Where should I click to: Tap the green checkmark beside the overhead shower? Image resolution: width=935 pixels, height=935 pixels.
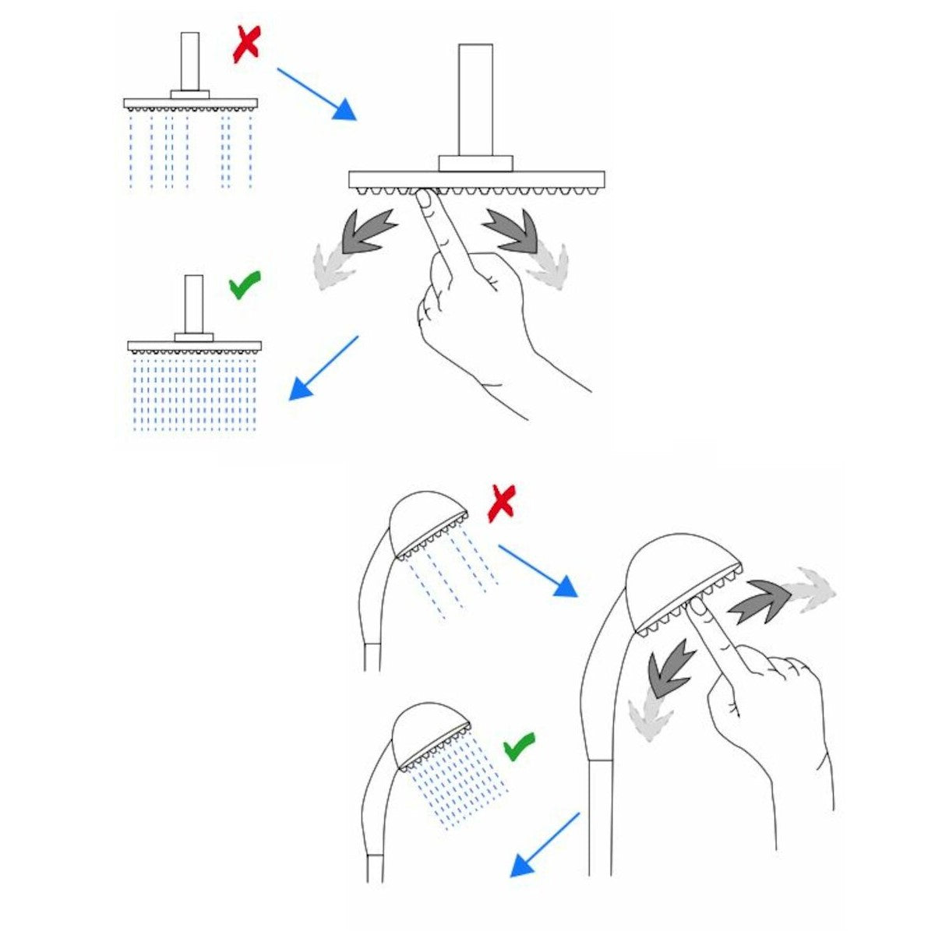pos(244,287)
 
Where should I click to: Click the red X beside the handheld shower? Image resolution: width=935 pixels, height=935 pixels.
pos(501,502)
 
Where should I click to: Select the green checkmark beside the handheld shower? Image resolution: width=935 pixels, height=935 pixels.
pos(518,746)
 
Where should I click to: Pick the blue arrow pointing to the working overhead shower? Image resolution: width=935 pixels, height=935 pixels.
pos(323,368)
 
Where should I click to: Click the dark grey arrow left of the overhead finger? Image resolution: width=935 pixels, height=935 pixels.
pos(368,231)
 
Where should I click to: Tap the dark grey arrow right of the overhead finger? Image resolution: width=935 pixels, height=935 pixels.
pos(510,231)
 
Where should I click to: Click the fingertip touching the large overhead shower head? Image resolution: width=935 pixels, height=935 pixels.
pos(425,201)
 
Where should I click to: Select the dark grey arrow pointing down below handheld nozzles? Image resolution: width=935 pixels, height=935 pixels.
pos(671,668)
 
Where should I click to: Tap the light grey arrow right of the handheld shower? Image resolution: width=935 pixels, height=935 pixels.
pos(810,585)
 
